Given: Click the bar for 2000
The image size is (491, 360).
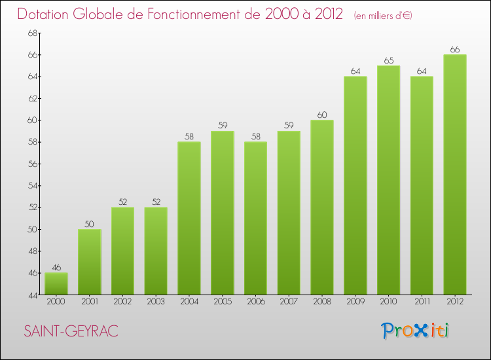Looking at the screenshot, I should pos(56,283).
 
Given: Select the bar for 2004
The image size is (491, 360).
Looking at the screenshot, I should pos(189,218).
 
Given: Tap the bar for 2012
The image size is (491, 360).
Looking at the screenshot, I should pos(455,174).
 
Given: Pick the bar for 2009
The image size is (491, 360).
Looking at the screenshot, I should pos(355,185).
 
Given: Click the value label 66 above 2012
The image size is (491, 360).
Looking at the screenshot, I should pos(455,50).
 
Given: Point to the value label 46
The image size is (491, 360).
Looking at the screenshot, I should pos(56,268).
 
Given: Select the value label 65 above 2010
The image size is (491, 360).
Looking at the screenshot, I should pos(388,61).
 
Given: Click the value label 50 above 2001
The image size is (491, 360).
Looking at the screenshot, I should pos(90,225).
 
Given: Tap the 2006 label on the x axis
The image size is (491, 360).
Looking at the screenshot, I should pos(255,301).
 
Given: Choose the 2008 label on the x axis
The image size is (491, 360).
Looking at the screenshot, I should pos(322,301).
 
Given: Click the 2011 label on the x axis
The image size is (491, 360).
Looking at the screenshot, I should pos(422,301).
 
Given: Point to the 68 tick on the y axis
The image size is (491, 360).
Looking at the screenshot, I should pos(31,33).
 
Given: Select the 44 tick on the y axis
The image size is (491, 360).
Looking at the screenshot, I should pos(31,295).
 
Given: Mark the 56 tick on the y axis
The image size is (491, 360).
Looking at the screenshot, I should pos(31,164).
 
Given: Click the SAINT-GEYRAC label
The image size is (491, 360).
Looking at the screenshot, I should pos(71,331).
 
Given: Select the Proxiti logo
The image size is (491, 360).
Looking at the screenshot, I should pos(416,331).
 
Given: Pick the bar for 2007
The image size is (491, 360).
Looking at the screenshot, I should pos(289,213).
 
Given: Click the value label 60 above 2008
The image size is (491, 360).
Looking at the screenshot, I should pos(322,115).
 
